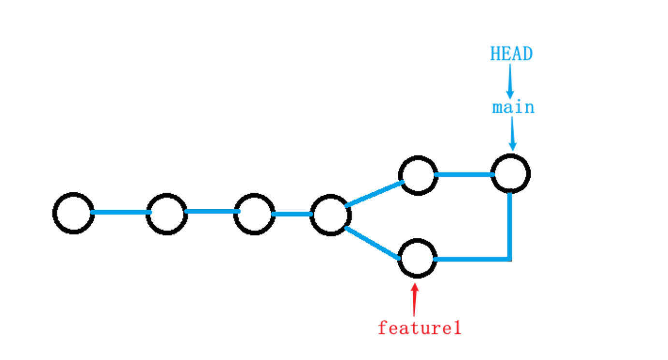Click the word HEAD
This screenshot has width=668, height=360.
tap(511, 54)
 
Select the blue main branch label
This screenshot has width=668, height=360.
tap(513, 107)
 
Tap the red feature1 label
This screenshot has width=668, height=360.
tap(420, 328)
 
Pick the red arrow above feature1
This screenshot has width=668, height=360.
tap(415, 300)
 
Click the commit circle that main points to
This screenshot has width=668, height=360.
tap(511, 173)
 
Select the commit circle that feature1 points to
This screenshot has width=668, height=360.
tap(418, 259)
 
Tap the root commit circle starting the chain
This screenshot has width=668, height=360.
tap(73, 213)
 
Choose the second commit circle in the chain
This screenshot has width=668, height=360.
tap(167, 214)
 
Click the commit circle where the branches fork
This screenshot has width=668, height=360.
tap(331, 215)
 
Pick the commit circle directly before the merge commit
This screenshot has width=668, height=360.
tap(418, 175)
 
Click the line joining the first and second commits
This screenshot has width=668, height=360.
tap(120, 213)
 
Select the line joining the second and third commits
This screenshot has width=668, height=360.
tap(212, 211)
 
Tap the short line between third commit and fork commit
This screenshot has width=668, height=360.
tap(292, 214)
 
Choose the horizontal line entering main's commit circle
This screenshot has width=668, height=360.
tap(464, 174)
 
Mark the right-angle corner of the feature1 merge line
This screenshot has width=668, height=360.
tap(509, 259)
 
